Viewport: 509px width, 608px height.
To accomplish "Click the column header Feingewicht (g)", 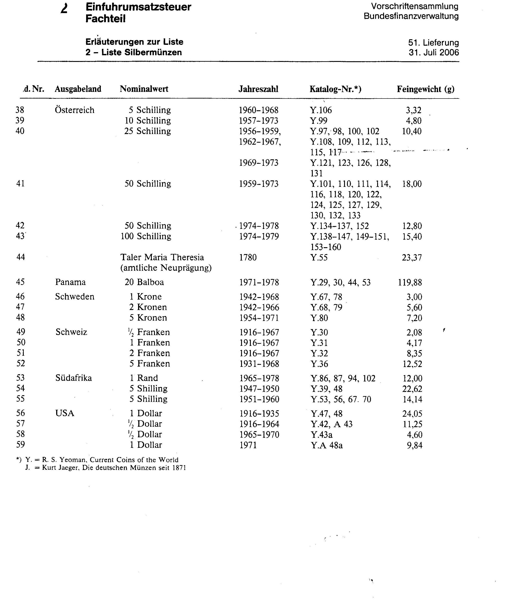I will pos(425,89).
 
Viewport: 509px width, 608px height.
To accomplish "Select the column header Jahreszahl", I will pos(258,89).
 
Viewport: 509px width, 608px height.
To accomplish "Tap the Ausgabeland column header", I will pos(78,89).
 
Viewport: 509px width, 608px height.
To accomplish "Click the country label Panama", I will pos(70,282).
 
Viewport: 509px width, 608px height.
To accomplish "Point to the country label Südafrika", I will pos(73,378).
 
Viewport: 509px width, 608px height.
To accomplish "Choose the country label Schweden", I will pos(75,296).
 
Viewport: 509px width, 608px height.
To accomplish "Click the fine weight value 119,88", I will pos(410,282).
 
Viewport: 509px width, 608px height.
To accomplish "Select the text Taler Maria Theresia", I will pos(162,257).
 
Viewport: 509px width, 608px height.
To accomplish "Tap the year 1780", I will pos(248,257).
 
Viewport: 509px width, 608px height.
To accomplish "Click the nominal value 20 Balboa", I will pos(144,282).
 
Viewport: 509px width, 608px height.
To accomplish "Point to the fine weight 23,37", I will pos(412,257).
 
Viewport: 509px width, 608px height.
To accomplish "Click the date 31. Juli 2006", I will pos(434,52).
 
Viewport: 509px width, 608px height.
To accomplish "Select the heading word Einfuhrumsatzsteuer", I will pos(139,7).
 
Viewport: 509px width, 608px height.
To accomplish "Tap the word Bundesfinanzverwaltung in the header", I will pos(411,16).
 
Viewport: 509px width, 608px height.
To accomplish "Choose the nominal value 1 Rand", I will pos(144,378).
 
